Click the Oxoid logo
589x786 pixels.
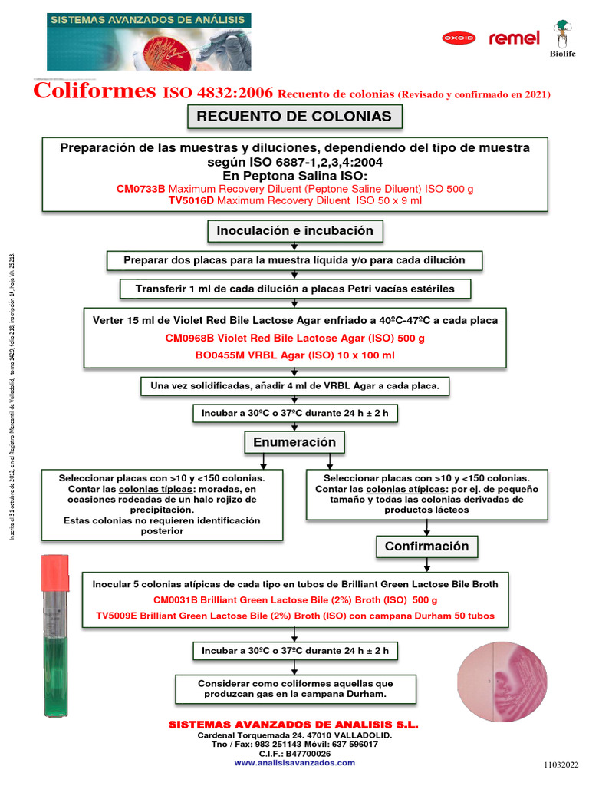(x=459, y=38)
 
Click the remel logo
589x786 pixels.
(x=515, y=38)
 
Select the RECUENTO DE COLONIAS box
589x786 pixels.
(x=294, y=117)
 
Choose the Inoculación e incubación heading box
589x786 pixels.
(x=295, y=230)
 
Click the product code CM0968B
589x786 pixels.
(x=189, y=338)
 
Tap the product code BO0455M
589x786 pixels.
(x=221, y=355)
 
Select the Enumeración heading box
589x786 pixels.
(x=295, y=442)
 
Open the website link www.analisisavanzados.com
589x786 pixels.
(x=294, y=762)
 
